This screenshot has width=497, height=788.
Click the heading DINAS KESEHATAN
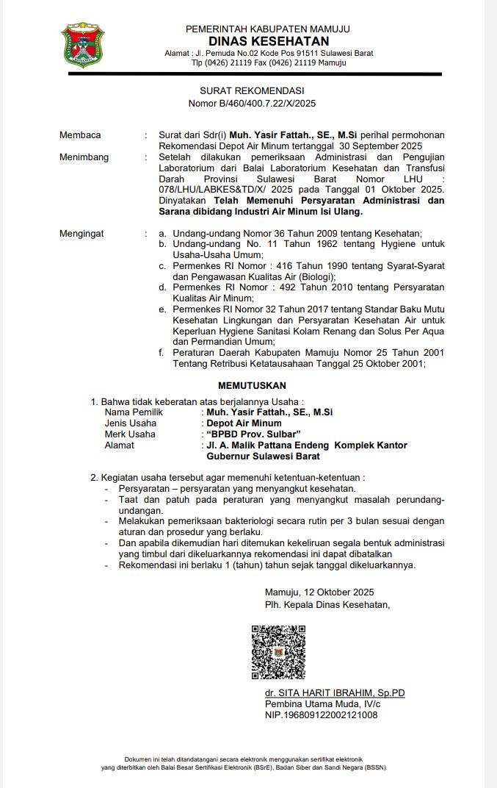pos(268,41)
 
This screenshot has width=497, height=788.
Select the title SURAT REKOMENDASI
pos(252,90)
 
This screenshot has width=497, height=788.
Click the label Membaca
pos(80,135)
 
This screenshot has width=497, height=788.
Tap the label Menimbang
pos(84,157)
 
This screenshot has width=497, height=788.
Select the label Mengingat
pos(81,234)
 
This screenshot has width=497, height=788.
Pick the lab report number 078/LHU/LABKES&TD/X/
pos(210,190)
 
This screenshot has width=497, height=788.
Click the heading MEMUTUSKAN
pos(252,385)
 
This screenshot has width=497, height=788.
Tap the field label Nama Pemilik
pos(134,412)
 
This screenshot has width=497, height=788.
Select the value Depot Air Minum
pos(244,423)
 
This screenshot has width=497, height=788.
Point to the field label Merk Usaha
pos(130,434)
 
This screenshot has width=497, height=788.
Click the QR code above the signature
pos(278,652)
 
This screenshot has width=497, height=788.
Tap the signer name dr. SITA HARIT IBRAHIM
pos(335,693)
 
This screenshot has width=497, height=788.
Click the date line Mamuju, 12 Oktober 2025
pos(319,592)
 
